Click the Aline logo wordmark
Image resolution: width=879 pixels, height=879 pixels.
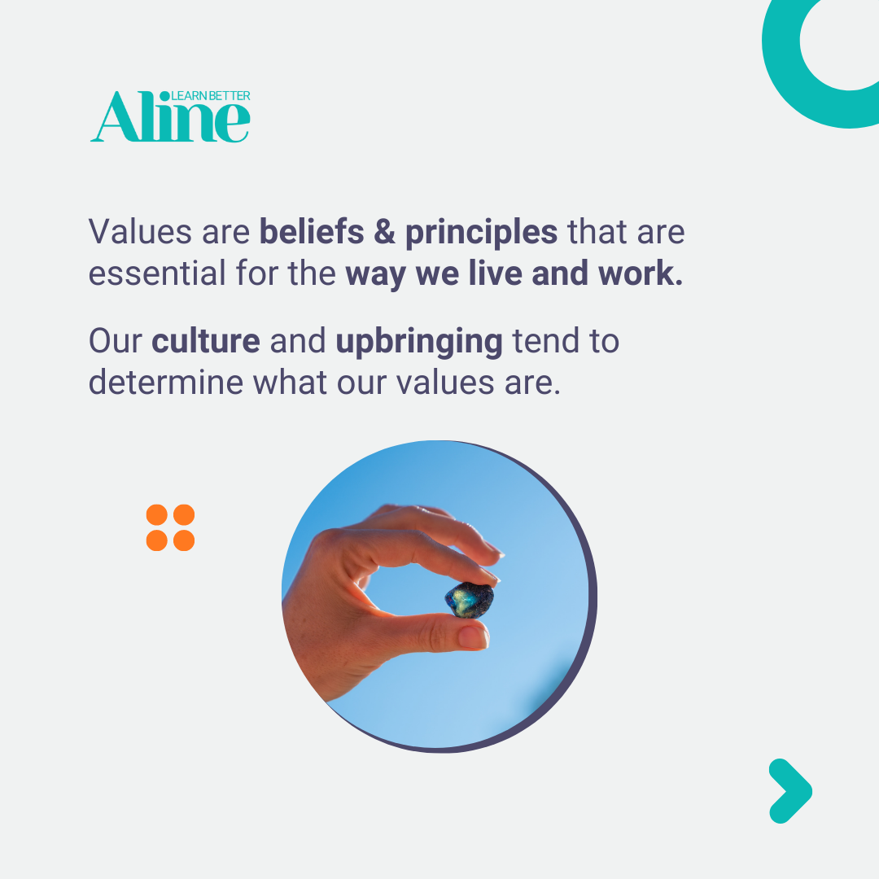[x=170, y=116]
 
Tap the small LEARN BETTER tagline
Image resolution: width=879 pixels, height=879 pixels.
[x=211, y=96]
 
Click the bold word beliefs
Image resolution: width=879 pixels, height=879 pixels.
[x=312, y=231]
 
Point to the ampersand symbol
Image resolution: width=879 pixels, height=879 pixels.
[x=384, y=232]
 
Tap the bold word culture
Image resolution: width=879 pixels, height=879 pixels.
[x=206, y=341]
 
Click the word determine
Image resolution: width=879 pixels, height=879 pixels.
[x=166, y=383]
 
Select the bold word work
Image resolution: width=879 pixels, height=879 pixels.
[x=641, y=273]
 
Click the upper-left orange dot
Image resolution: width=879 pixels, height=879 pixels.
[x=157, y=514]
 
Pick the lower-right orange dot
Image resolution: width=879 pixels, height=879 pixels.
[x=184, y=541]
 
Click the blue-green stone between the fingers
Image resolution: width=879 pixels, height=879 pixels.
[x=470, y=601]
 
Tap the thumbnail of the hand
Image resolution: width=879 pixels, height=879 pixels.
[x=473, y=637]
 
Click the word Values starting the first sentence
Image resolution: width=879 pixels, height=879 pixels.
[x=141, y=231]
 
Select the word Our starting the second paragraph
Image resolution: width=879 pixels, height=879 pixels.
[x=116, y=341]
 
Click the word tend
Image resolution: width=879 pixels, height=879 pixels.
[x=546, y=341]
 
